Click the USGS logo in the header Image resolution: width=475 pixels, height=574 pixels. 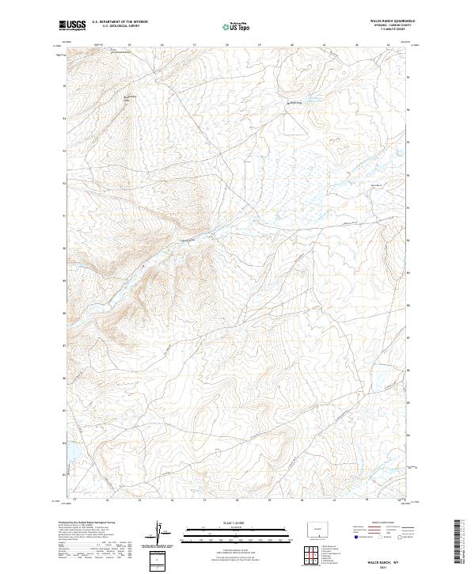pyautogui.click(x=72, y=26)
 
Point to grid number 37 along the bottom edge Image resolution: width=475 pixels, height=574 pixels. pyautogui.click(x=204, y=500)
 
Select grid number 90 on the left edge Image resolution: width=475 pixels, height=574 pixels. pyautogui.click(x=65, y=248)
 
